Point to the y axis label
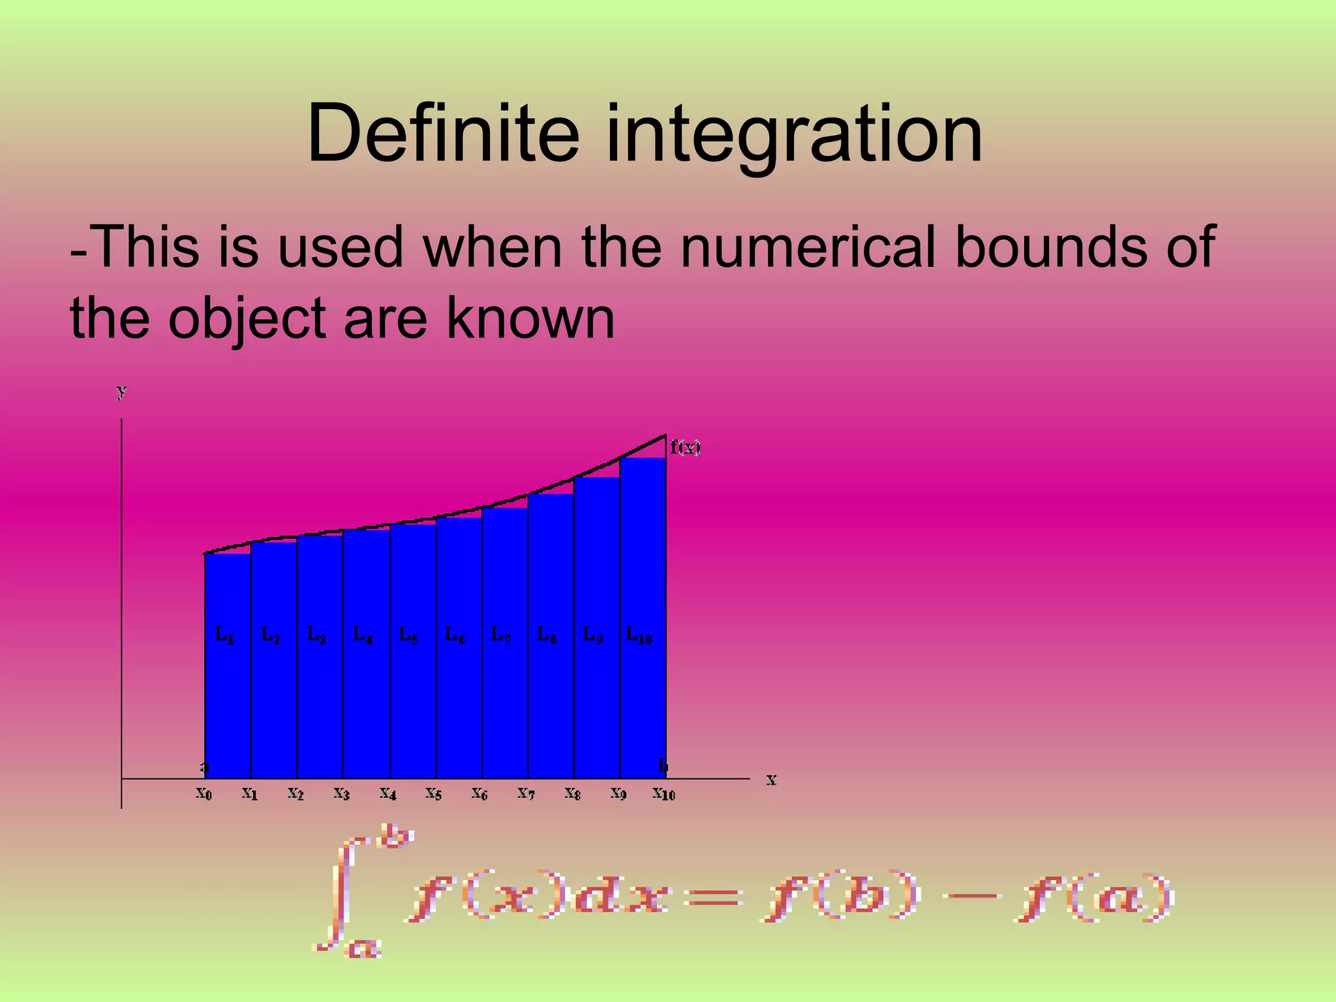point(121,391)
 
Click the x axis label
point(771,779)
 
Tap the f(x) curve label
point(685,448)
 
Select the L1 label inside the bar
point(224,634)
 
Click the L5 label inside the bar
point(408,634)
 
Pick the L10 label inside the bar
point(639,634)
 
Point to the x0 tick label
point(204,794)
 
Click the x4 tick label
point(388,794)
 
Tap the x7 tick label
point(526,794)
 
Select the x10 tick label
point(664,794)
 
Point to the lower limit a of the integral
point(363,946)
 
